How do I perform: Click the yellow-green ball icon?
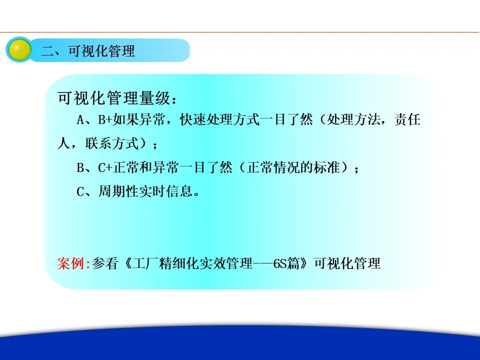coord(19,50)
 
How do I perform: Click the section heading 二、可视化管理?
coord(88,51)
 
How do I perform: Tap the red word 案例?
coord(70,263)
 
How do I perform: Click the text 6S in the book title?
coord(279,263)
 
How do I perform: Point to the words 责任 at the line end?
coord(407,119)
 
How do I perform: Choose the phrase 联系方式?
coord(112,143)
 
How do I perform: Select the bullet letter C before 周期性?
coord(80,192)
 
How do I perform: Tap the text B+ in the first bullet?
coord(105,119)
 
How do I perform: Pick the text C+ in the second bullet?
coord(105,168)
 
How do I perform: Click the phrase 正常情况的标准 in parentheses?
coord(293,167)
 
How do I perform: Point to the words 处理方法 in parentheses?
coord(353,119)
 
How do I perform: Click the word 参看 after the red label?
coord(105,263)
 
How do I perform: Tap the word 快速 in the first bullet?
coord(193,119)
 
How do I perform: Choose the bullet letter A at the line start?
coord(80,119)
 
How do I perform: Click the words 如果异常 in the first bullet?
coord(139,119)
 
